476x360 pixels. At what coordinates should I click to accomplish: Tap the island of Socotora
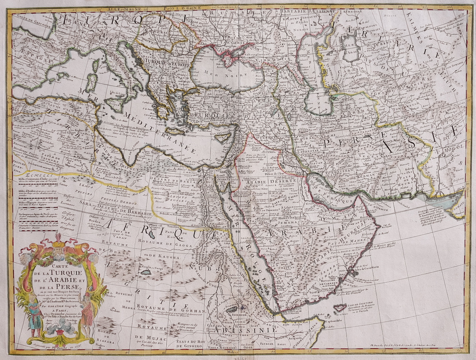click(x=341, y=308)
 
